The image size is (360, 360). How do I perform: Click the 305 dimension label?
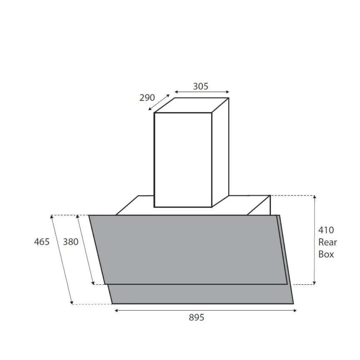tap(201, 86)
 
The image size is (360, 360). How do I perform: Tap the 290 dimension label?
tap(147, 98)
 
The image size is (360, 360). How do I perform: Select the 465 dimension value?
tap(42, 242)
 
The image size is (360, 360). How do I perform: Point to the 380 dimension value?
tap(71, 242)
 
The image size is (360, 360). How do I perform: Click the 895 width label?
tap(196, 318)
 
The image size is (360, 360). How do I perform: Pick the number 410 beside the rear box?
tap(326, 230)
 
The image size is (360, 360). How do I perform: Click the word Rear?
tap(327, 242)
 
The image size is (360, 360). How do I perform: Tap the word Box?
tap(326, 254)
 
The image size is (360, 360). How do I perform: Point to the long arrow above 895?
tap(205, 311)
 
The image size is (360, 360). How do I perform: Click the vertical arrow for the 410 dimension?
tap(314, 240)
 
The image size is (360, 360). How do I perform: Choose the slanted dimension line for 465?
tap(62, 260)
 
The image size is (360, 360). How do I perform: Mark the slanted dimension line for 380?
tap(86, 250)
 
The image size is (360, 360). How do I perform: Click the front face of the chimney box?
tap(183, 160)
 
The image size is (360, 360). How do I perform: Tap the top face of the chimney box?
tap(192, 105)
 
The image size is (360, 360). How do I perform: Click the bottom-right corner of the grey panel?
tap(293, 303)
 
